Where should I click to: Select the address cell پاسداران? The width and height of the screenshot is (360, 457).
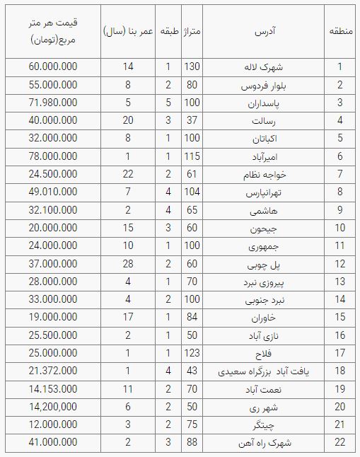264,102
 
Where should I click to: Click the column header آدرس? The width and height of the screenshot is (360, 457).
264,32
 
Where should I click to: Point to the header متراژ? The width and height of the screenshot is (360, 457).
192,32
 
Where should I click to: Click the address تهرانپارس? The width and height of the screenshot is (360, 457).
264,191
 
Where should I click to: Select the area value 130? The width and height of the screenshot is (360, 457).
192,67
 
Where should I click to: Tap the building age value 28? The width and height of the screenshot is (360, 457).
128,263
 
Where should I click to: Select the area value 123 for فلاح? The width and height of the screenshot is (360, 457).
192,352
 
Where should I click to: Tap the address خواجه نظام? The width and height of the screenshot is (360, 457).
264,173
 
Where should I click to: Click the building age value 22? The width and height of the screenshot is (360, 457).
128,173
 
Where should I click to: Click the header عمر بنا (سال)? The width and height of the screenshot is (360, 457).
128,32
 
